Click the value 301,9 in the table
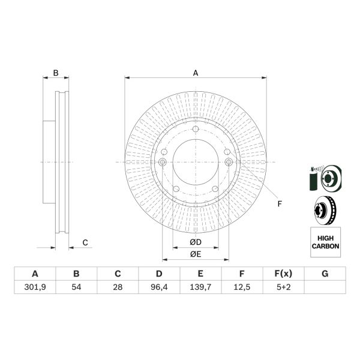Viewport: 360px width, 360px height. [34, 287]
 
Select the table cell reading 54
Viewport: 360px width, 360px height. [76, 287]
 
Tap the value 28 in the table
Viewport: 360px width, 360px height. [118, 287]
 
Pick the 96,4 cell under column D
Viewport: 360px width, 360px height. [159, 287]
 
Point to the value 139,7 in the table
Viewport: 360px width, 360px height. [200, 287]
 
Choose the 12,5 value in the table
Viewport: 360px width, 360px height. [242, 287]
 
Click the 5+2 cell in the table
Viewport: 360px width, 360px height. [283, 287]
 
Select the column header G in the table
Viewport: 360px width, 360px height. [325, 274]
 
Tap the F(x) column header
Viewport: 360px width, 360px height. [283, 274]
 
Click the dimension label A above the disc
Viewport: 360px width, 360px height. [196, 73]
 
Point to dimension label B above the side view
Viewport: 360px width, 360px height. [56, 73]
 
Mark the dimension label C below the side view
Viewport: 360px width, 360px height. [85, 242]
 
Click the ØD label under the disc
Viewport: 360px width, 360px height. [195, 242]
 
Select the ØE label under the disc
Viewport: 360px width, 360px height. [195, 254]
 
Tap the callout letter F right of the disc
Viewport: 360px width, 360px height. [279, 204]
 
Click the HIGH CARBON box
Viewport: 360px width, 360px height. [325, 242]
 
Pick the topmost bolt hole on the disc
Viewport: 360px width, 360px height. [196, 131]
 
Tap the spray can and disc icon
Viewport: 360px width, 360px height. [325, 178]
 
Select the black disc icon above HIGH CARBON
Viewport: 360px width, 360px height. [325, 211]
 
